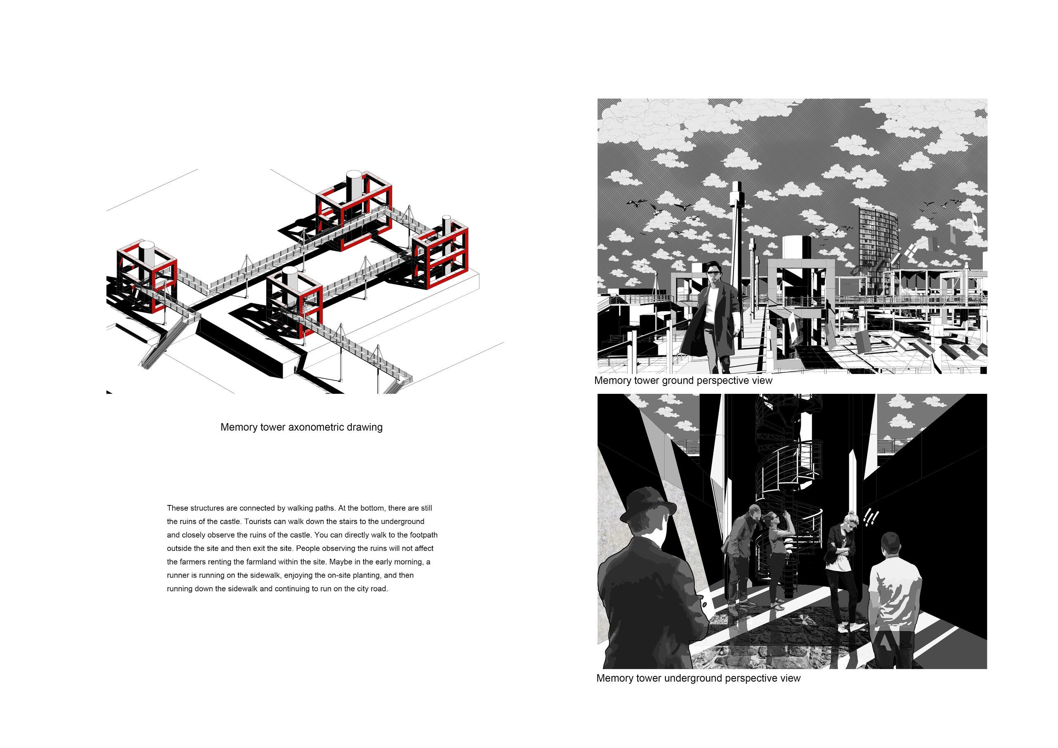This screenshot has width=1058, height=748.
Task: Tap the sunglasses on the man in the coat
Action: [713, 273]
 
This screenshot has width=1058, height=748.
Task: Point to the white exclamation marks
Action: [870, 517]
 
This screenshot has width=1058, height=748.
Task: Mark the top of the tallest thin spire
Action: [736, 183]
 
